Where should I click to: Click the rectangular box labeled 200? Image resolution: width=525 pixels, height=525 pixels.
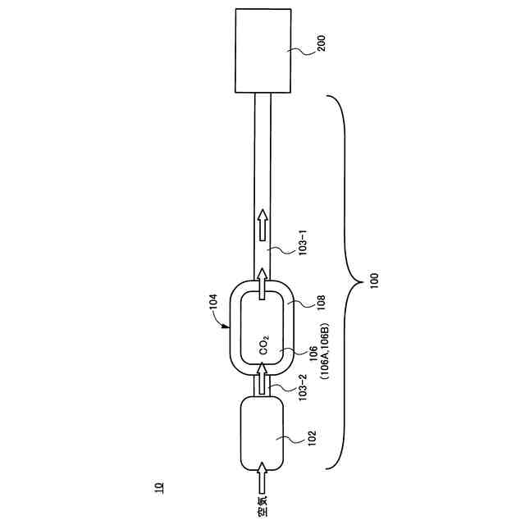(x=262, y=50)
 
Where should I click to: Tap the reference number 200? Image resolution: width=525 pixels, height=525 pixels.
(x=322, y=43)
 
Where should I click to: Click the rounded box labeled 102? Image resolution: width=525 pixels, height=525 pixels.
(x=262, y=433)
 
